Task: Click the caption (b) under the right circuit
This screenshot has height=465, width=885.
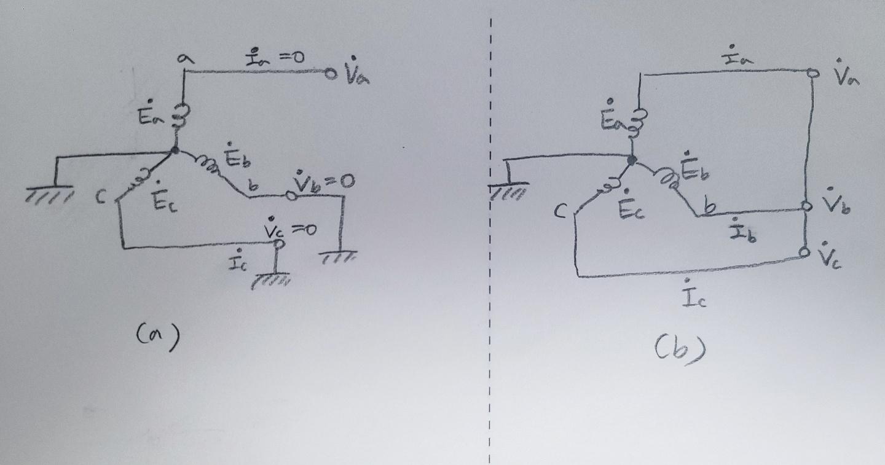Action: click(x=678, y=350)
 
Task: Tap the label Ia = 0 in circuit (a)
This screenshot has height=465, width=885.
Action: click(x=275, y=59)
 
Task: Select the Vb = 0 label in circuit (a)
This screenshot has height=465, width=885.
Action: click(x=324, y=181)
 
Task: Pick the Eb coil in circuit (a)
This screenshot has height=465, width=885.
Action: click(x=206, y=163)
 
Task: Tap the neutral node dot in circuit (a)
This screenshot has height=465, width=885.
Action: click(x=176, y=149)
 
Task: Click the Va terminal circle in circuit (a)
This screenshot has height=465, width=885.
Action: click(x=331, y=74)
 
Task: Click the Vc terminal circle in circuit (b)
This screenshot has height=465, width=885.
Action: click(x=806, y=252)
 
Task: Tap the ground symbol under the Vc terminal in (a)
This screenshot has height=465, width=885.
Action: click(x=270, y=280)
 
